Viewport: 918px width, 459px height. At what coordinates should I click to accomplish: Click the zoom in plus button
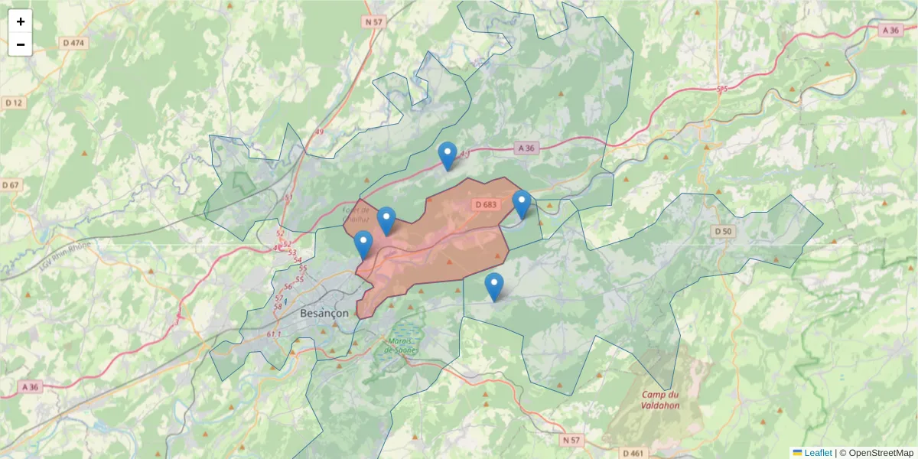point(21,21)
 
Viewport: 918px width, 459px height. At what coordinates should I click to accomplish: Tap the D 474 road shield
point(73,43)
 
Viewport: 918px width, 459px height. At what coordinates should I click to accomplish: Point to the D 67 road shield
point(11,185)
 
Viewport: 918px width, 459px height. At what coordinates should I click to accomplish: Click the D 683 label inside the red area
point(486,205)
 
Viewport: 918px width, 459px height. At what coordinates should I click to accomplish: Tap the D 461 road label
point(633,453)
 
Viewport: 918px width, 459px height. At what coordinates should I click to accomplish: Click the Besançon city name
point(324,314)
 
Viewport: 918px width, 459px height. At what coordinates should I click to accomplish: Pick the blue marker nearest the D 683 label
point(522,204)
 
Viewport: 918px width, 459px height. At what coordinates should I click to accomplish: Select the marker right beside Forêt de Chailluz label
point(386,220)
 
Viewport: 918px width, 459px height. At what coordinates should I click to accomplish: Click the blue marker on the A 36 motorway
point(448,156)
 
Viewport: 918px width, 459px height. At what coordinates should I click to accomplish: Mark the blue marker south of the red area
point(494,286)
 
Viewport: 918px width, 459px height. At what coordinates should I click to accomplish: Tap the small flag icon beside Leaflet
point(798,453)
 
